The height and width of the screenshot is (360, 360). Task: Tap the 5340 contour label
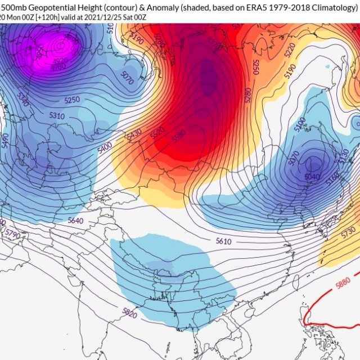tap(22, 100)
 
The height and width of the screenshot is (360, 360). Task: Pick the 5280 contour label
tap(248, 94)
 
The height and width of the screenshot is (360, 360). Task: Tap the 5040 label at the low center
tap(312, 176)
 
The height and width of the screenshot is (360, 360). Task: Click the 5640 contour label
tap(74, 220)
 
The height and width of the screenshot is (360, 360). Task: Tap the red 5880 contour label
tap(343, 282)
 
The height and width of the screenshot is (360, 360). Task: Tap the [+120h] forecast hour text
tap(43, 16)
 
